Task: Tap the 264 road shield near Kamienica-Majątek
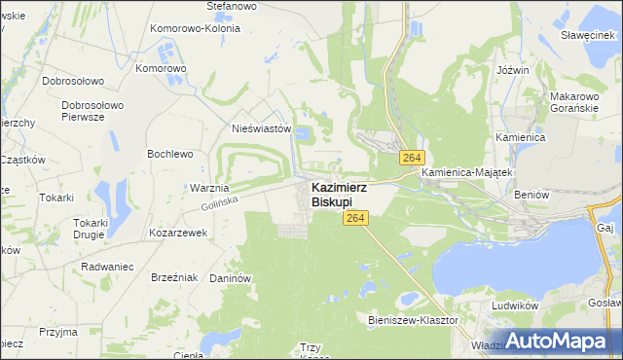click(412, 158)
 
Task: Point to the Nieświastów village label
click(262, 128)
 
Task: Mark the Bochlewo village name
click(169, 154)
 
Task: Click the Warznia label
click(209, 188)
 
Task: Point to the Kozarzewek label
click(178, 234)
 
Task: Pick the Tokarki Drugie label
click(96, 229)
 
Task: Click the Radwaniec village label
click(108, 266)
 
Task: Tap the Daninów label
click(231, 278)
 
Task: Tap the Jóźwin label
click(512, 71)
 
